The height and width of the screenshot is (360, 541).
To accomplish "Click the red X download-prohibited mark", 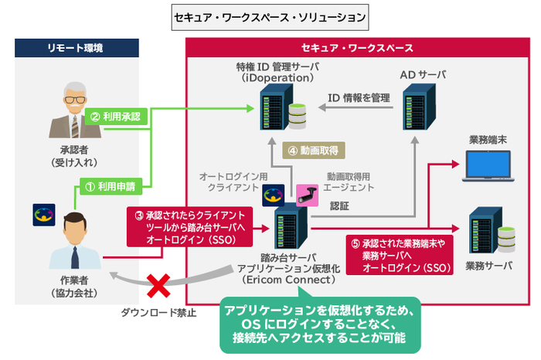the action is [158, 286].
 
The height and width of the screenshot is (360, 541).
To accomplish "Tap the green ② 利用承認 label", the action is [116, 117].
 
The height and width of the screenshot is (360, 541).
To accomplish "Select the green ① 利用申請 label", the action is [111, 186].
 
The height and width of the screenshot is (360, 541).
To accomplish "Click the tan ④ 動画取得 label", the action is [314, 151].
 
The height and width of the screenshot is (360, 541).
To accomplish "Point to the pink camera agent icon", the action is [307, 195].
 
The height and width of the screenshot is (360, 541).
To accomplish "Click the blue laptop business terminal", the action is [488, 166].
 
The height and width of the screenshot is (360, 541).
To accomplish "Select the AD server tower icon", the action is [419, 107].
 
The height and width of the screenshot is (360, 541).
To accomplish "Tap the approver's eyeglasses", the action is [74, 100].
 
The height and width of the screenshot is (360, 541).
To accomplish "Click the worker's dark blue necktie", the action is [75, 257].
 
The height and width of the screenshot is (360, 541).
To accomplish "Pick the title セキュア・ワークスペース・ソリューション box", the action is [270, 17].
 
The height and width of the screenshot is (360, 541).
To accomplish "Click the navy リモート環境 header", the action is [77, 48].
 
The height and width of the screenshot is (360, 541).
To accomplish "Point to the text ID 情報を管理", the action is [359, 98].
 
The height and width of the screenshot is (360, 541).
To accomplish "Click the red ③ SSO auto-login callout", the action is [189, 227].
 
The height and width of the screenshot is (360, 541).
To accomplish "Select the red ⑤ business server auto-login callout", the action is [400, 255].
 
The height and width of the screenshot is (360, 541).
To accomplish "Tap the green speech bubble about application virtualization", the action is [320, 324].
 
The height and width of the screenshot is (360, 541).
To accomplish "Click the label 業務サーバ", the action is [489, 266].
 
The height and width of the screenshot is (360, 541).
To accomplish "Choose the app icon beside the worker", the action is [44, 215].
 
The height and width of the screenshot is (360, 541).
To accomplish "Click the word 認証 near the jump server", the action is [339, 206].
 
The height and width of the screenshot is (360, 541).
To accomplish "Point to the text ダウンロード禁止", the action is [158, 313].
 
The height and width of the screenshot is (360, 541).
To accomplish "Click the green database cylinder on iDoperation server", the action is [298, 116].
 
